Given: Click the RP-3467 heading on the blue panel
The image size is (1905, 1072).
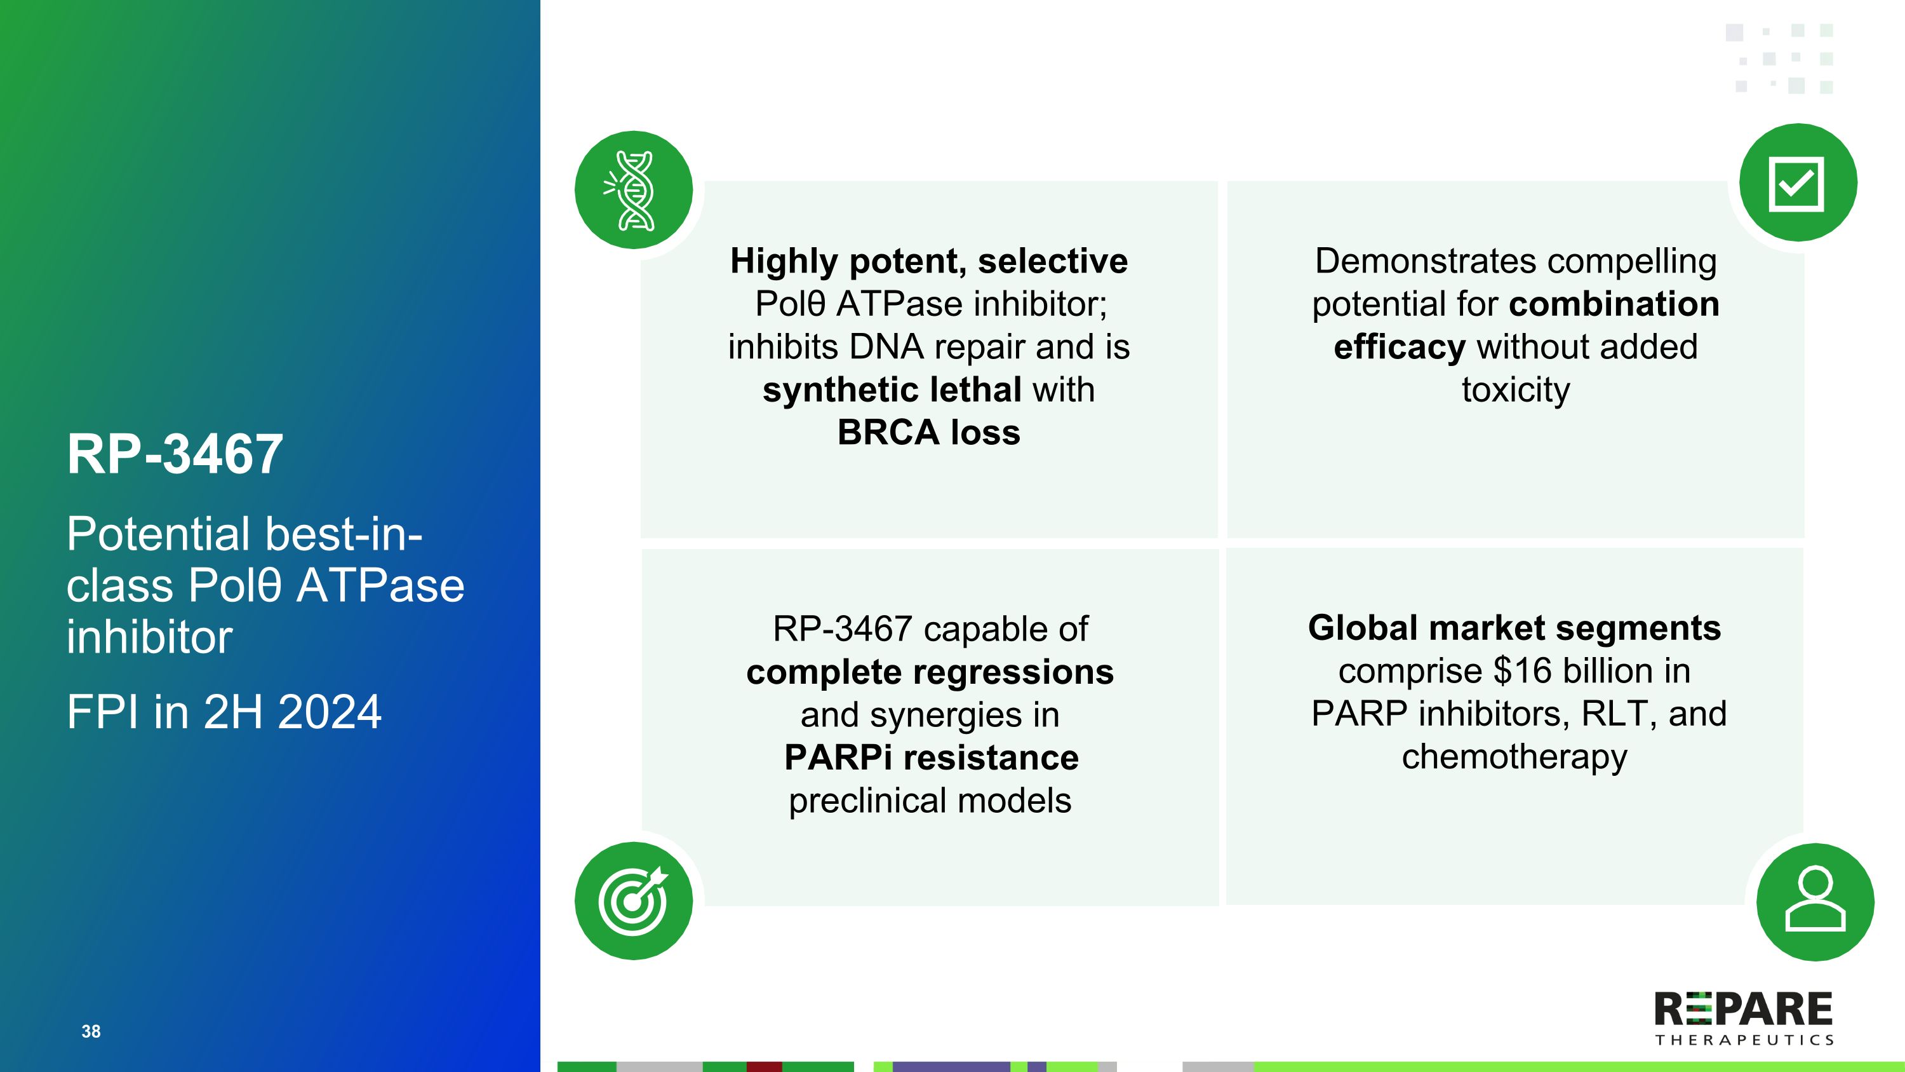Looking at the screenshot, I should pos(175,454).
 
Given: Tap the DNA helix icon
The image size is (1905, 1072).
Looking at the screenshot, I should pos(634,190).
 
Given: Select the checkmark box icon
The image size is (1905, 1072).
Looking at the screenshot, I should pos(1797,184).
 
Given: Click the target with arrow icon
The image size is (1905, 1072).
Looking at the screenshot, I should pos(634,900).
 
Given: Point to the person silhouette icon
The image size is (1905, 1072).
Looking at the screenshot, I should pos(1815,901).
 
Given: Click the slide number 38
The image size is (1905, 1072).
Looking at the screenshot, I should pos(91,1031).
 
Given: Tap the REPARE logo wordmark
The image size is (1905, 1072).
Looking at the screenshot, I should pos(1743,1009).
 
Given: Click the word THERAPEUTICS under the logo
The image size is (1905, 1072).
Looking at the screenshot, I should pos(1744,1040).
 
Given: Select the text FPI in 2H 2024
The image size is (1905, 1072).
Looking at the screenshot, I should pos(224,712).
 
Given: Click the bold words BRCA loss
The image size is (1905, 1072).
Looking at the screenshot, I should pos(928,433).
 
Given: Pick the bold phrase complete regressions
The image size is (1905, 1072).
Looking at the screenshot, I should pos(930,672).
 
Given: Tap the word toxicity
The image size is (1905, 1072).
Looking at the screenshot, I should pos(1515,390).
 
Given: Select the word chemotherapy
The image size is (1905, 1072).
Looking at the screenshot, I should pos(1514,757).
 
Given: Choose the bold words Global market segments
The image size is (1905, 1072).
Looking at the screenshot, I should pos(1514,628).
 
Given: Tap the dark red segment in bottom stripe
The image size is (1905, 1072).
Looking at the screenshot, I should pos(764,1066).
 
